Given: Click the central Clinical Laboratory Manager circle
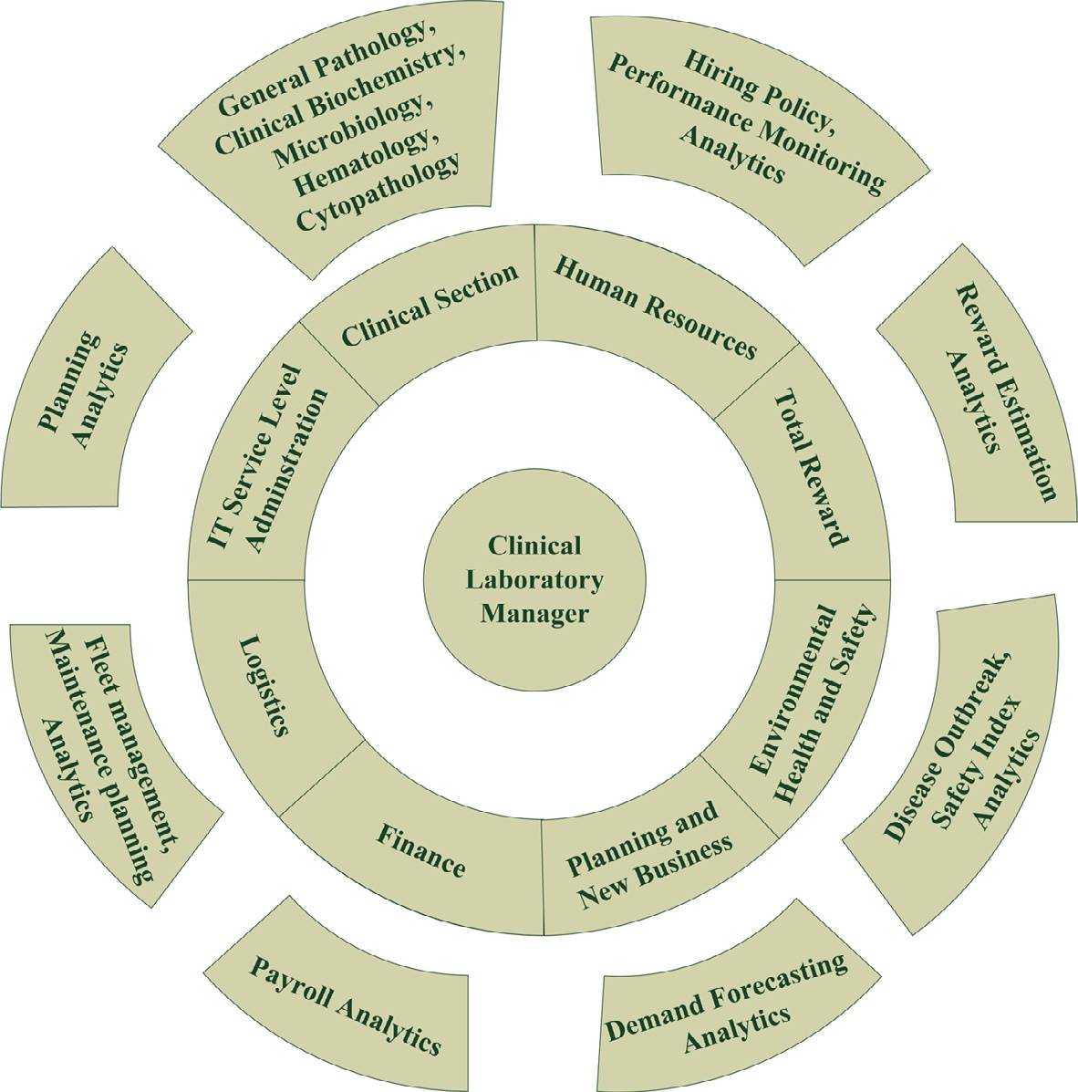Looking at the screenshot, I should click(x=535, y=580).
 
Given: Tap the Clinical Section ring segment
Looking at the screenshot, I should click(x=430, y=306).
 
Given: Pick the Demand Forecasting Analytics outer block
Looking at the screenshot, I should click(x=726, y=1000).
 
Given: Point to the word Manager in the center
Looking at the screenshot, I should click(x=534, y=613).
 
